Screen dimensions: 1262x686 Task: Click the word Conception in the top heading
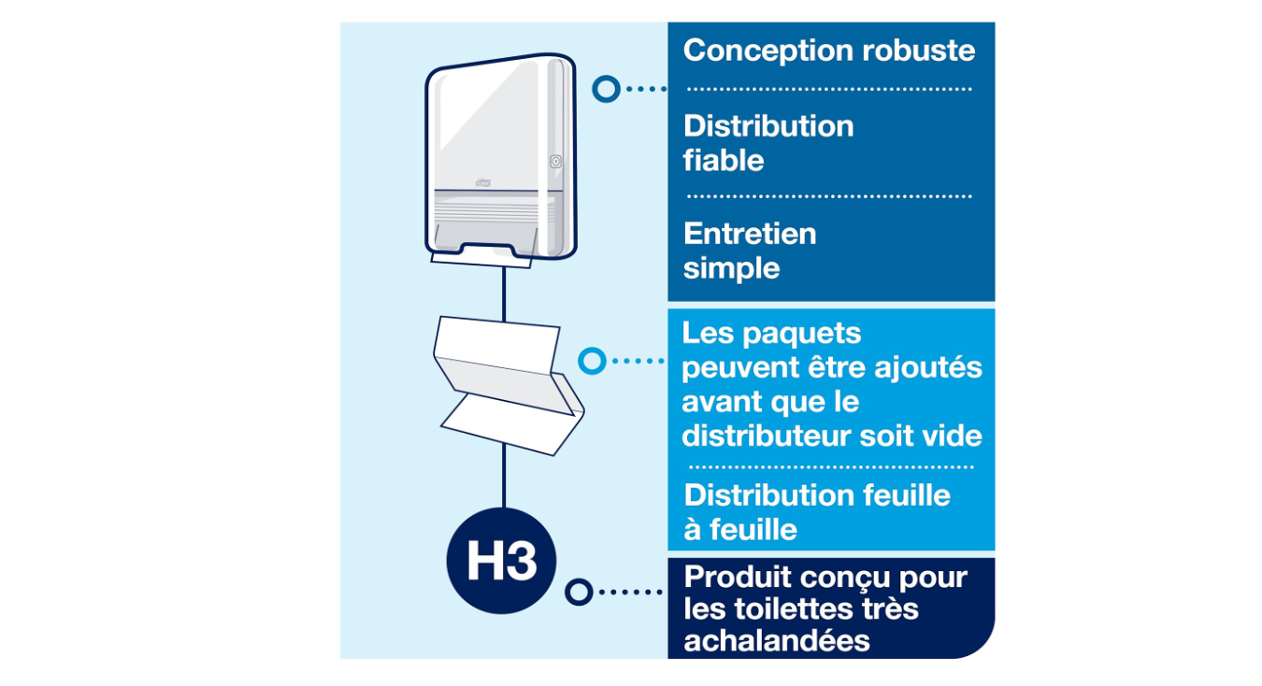point(767,51)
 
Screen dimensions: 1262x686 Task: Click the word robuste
point(918,50)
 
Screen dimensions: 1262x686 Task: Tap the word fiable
point(724,161)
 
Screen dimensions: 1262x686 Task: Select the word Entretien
point(750,234)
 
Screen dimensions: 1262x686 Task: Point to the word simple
point(731,268)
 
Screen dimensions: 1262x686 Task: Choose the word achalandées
point(777,641)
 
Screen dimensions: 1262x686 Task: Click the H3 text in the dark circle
point(501,561)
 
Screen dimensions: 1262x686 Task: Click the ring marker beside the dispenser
point(606,89)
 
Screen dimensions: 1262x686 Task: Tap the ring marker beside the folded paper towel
point(592,361)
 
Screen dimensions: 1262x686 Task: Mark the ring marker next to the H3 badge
point(579,592)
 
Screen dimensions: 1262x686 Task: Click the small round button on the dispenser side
point(555,163)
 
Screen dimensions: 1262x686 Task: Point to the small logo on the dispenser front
point(482,182)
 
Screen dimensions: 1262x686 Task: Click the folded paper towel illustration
point(509,386)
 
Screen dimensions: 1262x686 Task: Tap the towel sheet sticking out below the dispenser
point(480,261)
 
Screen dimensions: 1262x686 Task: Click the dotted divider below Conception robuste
point(829,89)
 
